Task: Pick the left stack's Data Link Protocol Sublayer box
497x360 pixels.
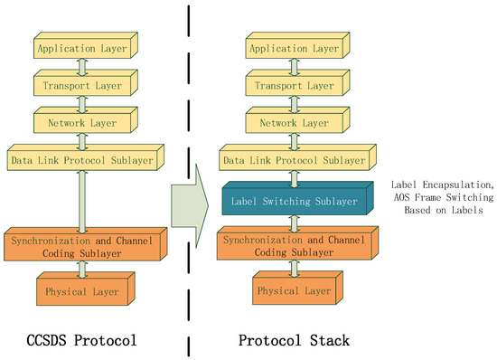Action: point(83,159)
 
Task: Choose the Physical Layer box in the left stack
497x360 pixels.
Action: point(84,290)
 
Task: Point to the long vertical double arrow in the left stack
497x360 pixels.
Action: point(83,199)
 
